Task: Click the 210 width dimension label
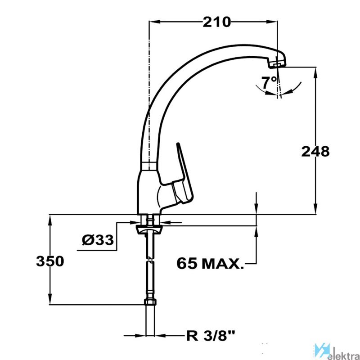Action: tap(216, 22)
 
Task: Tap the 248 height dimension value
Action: tap(315, 152)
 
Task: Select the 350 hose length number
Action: tap(50, 261)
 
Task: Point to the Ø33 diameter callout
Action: tap(98, 240)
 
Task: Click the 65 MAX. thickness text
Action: tap(210, 263)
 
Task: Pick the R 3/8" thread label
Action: tap(210, 337)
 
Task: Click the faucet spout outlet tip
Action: tap(277, 65)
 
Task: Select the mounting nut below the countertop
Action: tap(149, 230)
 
